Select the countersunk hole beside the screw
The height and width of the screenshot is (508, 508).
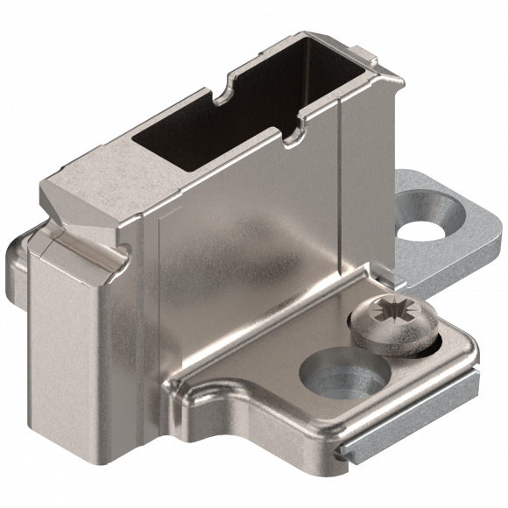pyautogui.click(x=344, y=371)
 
